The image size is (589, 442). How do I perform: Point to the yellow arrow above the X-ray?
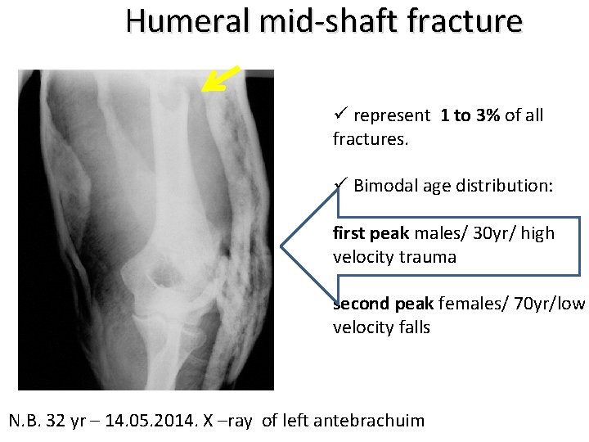[221, 79]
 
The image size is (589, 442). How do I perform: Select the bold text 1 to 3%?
[470, 116]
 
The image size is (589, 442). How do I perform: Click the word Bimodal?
[386, 187]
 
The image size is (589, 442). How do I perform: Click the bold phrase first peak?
[366, 233]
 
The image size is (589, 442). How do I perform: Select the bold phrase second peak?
[384, 304]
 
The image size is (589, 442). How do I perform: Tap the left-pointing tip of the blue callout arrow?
[282, 245]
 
